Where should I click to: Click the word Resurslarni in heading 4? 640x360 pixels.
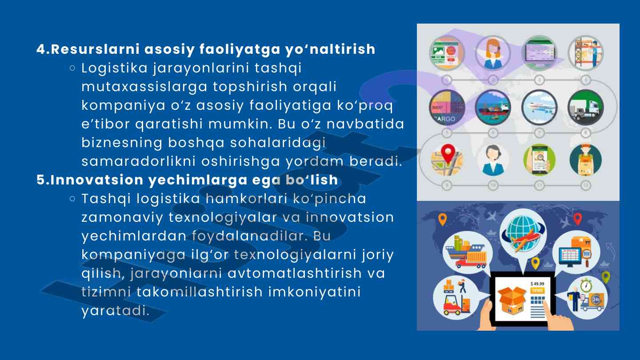click(95, 49)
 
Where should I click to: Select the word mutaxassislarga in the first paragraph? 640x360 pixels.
click(144, 87)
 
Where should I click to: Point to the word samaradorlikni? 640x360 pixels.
click(139, 161)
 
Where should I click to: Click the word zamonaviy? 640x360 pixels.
click(122, 218)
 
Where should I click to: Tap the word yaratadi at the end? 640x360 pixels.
click(116, 311)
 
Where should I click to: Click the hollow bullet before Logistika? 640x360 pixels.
click(72, 68)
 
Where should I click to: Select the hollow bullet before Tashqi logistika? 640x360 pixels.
click(72, 199)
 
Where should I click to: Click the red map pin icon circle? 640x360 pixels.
click(447, 160)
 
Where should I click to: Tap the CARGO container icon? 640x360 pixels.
click(447, 108)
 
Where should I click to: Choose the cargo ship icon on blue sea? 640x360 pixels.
click(493, 108)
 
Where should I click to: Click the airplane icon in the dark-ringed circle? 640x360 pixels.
click(540, 108)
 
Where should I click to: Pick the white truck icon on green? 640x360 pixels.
click(586, 108)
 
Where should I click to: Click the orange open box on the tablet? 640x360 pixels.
click(512, 300)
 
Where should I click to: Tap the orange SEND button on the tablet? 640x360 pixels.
click(537, 290)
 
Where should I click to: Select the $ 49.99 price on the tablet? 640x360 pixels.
click(537, 284)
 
